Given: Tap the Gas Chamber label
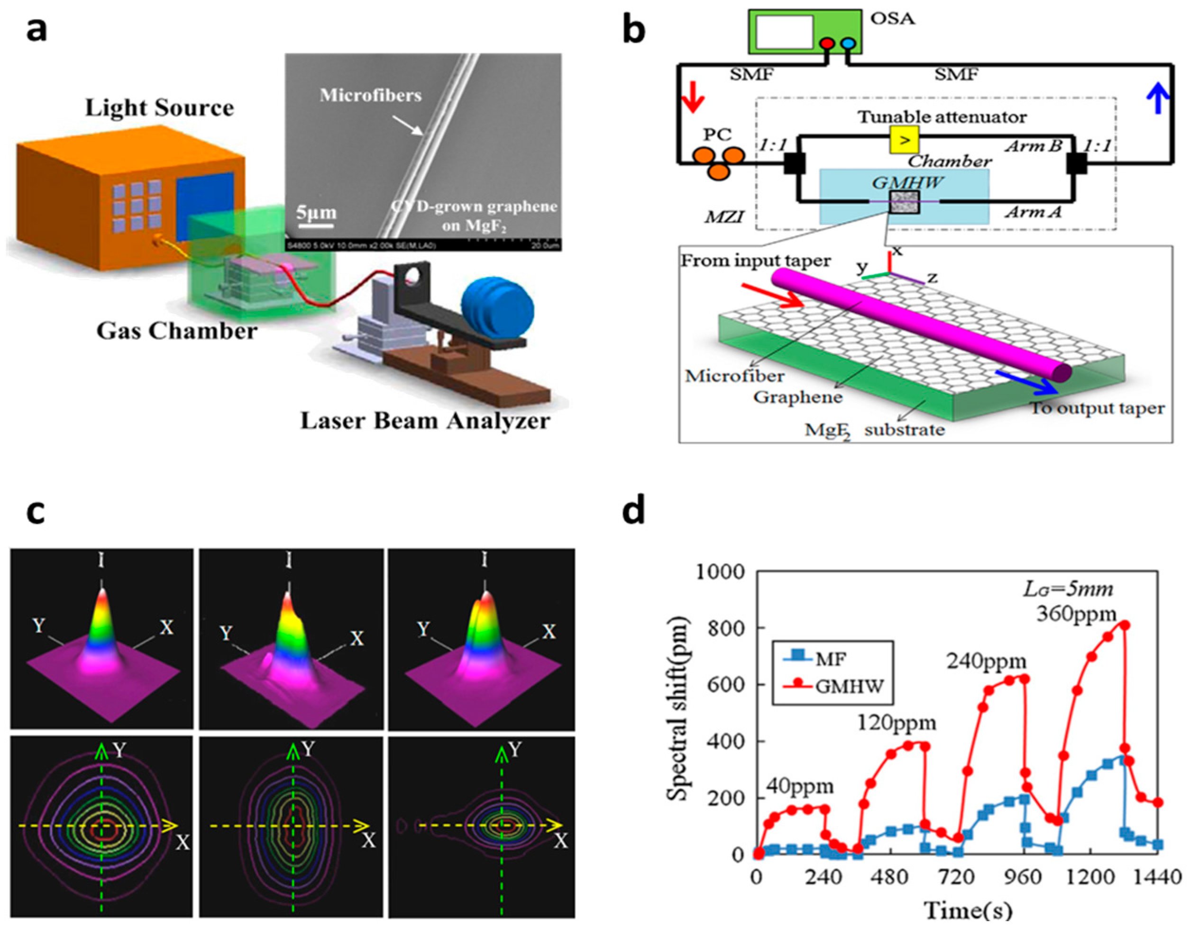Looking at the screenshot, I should click(x=176, y=331).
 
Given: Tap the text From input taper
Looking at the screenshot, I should click(x=755, y=261).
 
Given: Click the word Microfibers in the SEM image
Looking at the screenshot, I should click(x=370, y=96).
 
